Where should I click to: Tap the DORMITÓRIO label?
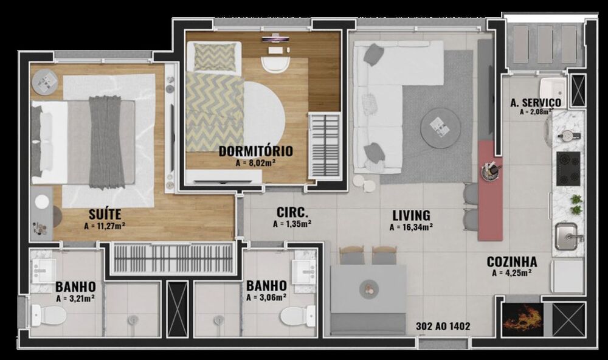tap(255, 151)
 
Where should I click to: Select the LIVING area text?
tap(411, 215)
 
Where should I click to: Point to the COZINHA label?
tap(512, 262)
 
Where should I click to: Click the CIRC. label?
tap(292, 213)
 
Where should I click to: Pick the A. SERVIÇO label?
tap(535, 103)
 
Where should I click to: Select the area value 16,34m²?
tap(411, 227)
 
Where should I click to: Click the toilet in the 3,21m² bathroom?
tap(49, 316)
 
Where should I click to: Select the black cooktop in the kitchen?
tap(568, 168)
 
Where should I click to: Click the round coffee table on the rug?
tap(440, 127)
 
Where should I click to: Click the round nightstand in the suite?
tap(44, 81)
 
